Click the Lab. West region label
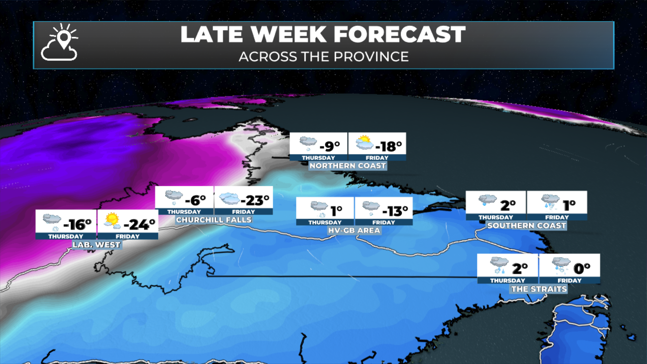[x=96, y=245]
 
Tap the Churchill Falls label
[x=214, y=220]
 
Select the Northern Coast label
[x=347, y=166]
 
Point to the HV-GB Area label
[x=354, y=231]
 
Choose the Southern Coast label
[x=526, y=225]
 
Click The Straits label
[x=539, y=289]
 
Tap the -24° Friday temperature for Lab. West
[x=140, y=224]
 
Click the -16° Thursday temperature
[x=78, y=224]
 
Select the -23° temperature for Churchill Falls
[x=255, y=201]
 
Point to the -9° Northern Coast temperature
[x=330, y=146]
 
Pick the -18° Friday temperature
[x=389, y=146]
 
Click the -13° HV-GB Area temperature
[x=395, y=211]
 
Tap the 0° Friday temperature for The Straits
[x=582, y=269]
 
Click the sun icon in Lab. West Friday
[x=112, y=220]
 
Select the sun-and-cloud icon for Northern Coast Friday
[x=364, y=143]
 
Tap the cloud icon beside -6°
[x=174, y=196]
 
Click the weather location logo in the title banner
[x=60, y=42]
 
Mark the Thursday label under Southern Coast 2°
[x=496, y=217]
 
